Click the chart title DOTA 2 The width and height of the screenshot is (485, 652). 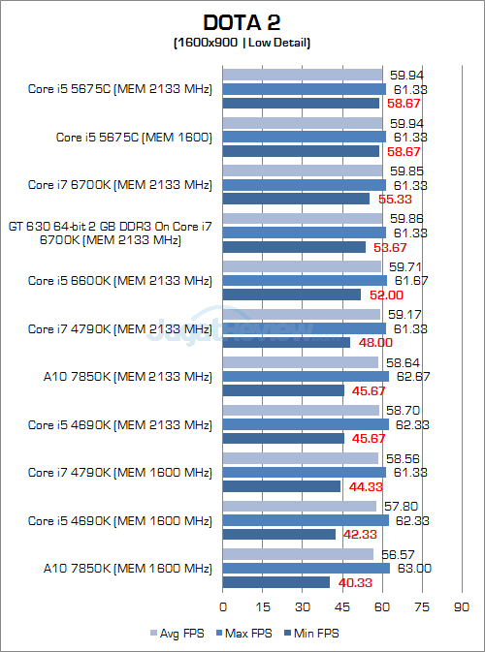point(242,22)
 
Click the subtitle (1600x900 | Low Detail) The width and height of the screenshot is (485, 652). point(242,43)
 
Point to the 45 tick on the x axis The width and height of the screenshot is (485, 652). point(342,607)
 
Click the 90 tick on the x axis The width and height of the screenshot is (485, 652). point(462,607)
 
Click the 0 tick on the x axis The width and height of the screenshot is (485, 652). point(223,607)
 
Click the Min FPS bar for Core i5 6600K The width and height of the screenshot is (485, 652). point(292,295)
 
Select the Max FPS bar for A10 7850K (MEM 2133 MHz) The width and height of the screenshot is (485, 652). point(306,376)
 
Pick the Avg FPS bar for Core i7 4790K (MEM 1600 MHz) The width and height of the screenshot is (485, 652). point(301,458)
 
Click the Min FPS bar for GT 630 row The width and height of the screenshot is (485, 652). point(294,247)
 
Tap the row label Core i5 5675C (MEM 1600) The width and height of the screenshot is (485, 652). point(134,138)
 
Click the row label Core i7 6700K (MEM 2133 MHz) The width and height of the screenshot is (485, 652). point(119,185)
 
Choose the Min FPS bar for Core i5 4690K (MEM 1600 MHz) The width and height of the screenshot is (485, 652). point(279,534)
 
